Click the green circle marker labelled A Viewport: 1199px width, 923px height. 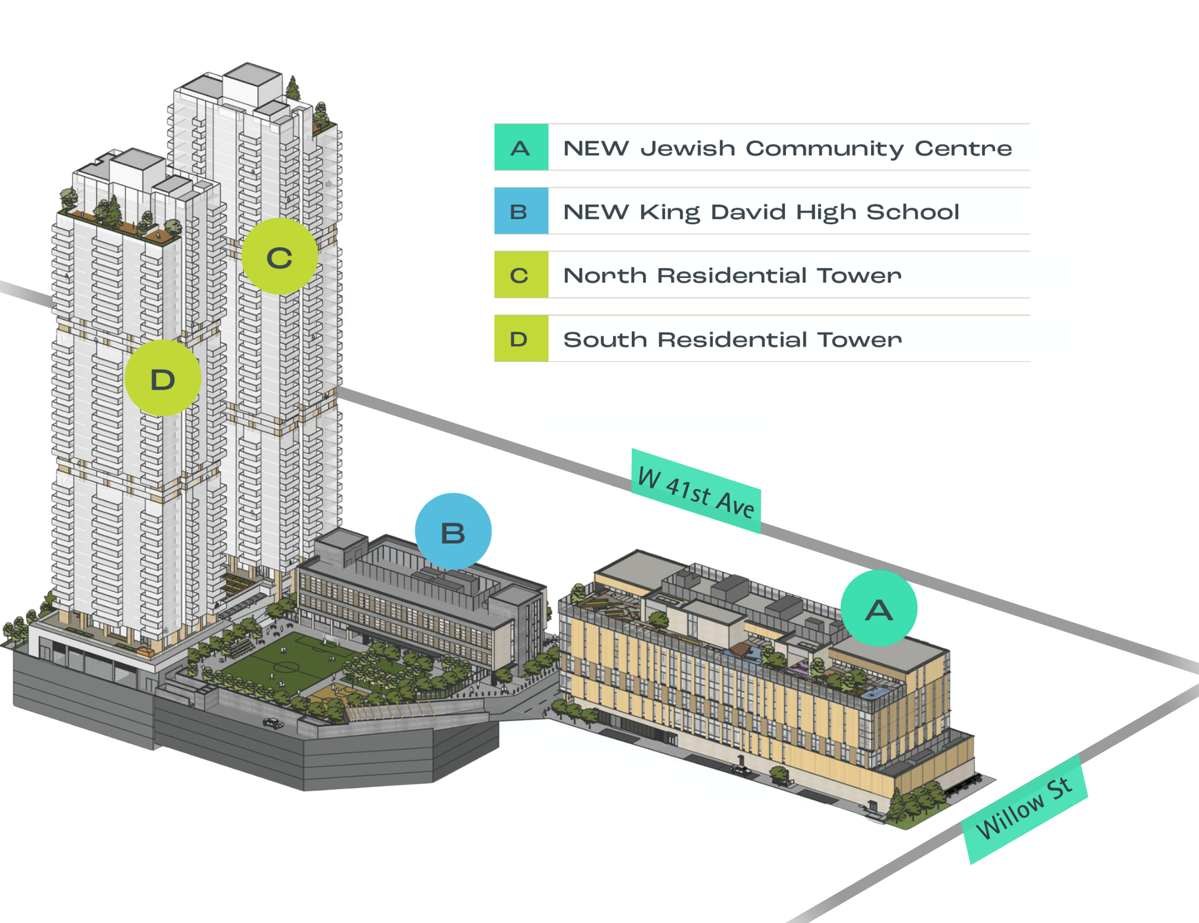[x=879, y=608]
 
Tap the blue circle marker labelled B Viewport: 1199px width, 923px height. [x=453, y=532]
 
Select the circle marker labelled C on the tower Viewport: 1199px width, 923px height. [x=280, y=257]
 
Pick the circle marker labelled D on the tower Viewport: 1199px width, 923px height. [x=162, y=378]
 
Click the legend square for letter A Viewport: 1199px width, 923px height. [x=521, y=147]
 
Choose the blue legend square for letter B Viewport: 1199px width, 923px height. [x=521, y=211]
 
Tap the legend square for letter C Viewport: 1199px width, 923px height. [x=521, y=275]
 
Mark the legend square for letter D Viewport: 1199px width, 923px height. [x=521, y=339]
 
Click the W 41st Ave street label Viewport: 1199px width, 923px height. [x=696, y=491]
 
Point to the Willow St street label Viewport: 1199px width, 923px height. [x=1025, y=809]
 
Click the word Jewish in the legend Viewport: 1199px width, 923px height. [x=688, y=149]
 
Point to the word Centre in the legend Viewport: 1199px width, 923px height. [x=963, y=149]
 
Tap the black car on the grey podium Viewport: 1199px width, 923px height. [x=273, y=723]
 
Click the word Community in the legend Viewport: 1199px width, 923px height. [x=825, y=149]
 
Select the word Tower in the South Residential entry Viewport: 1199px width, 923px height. [x=860, y=340]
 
